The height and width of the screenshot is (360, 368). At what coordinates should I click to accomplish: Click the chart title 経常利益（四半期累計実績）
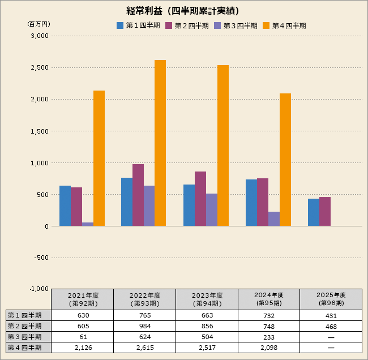pos(182,10)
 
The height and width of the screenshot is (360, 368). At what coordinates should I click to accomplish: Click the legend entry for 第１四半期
pos(138,25)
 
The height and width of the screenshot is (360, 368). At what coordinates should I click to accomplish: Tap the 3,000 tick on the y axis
pos(40,36)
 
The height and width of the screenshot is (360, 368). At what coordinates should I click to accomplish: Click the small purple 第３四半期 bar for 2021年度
pos(88,224)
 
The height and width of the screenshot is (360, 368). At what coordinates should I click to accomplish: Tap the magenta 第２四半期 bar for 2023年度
pos(200,199)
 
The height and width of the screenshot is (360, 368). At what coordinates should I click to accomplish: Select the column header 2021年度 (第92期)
pos(83,299)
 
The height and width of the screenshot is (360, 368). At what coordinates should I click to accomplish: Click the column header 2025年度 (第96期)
pos(331,299)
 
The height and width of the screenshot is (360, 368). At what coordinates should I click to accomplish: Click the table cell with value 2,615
pos(144,348)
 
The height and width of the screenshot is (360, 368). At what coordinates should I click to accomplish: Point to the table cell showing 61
pos(83,337)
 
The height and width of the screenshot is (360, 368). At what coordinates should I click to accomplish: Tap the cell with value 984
pos(144,326)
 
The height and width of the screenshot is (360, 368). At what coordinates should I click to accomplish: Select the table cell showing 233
pos(268,337)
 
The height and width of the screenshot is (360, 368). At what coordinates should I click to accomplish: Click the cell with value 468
pos(331,326)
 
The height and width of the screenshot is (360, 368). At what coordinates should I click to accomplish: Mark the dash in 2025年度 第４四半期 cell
pos(331,348)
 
